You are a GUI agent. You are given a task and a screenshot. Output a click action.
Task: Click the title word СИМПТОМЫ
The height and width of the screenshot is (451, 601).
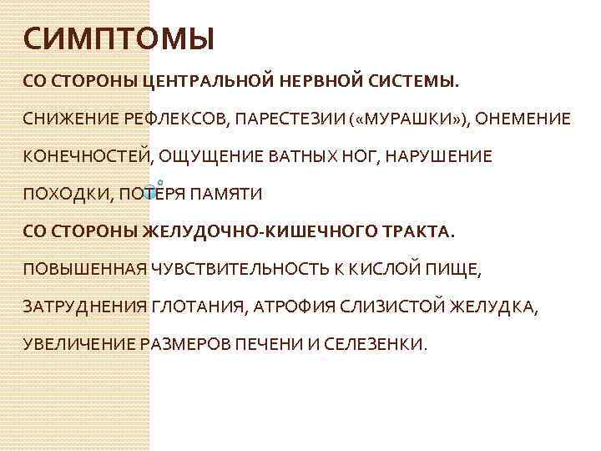[x=119, y=38]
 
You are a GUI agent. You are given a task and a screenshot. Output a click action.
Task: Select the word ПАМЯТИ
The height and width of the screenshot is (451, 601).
[x=226, y=195]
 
